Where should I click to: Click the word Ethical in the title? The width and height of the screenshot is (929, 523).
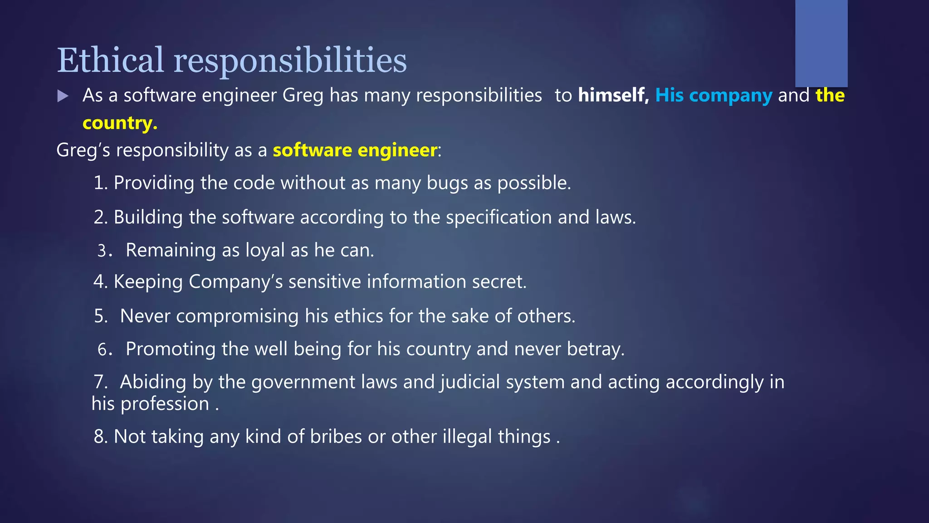point(110,60)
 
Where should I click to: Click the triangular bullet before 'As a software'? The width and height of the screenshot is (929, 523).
point(63,96)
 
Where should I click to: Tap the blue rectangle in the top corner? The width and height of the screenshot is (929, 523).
point(821,43)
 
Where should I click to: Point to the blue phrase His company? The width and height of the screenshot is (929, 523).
point(714,95)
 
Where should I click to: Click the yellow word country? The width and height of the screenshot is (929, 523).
point(120,123)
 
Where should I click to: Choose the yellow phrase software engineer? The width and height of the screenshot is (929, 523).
point(355,150)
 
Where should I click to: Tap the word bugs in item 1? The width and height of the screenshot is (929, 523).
point(447,183)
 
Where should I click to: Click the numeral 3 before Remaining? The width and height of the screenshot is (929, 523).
point(102,251)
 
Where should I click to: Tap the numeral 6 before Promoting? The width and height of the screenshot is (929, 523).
point(102,350)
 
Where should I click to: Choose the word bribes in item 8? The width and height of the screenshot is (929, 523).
point(336,437)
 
